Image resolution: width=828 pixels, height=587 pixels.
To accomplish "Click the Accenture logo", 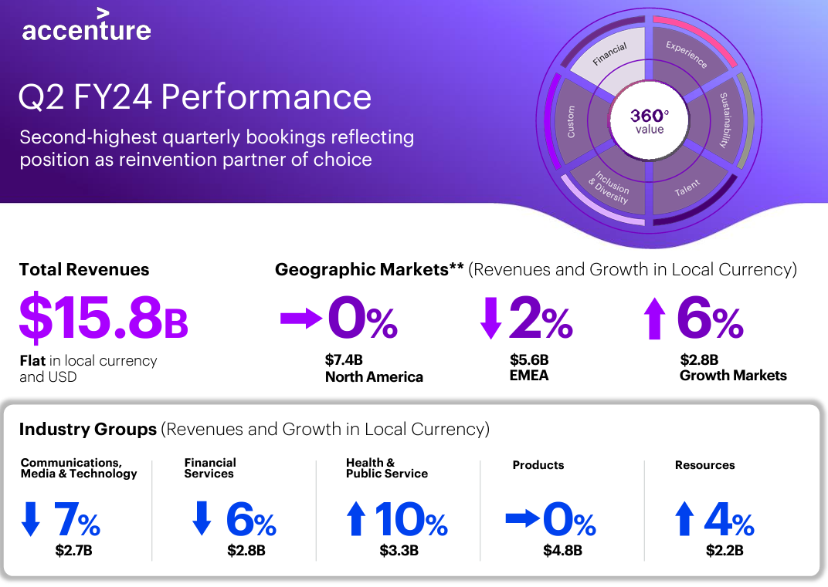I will pos(86,26).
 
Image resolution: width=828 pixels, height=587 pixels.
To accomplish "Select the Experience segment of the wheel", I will pos(686,56).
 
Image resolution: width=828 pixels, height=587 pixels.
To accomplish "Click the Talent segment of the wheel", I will pos(686,186).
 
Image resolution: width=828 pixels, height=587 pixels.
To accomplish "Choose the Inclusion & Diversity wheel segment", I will pos(609,186).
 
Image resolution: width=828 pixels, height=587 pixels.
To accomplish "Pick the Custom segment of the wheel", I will pos(572,121).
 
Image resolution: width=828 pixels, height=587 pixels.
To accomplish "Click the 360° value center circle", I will pos(649,121).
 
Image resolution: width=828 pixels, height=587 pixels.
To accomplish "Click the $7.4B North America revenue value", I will pos(344,360).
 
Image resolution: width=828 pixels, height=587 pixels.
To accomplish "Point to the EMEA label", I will pos(529,376).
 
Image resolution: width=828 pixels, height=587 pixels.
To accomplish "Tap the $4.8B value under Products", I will pos(562,551).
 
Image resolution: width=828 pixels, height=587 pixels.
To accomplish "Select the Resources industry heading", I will pos(704,465).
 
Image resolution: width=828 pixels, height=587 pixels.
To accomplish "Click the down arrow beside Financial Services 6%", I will pos(201,518).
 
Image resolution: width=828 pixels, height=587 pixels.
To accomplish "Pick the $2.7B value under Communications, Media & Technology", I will pos(74,551).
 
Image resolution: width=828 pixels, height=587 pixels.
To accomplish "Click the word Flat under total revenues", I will pos(32,361).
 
